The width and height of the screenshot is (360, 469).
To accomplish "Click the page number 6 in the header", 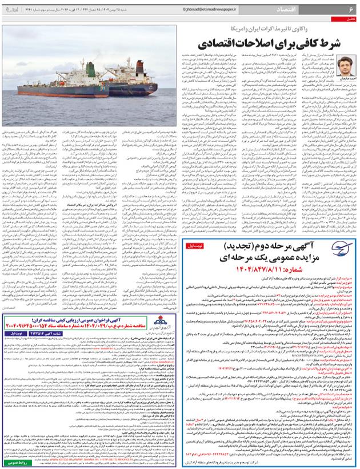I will pos(350,10).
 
